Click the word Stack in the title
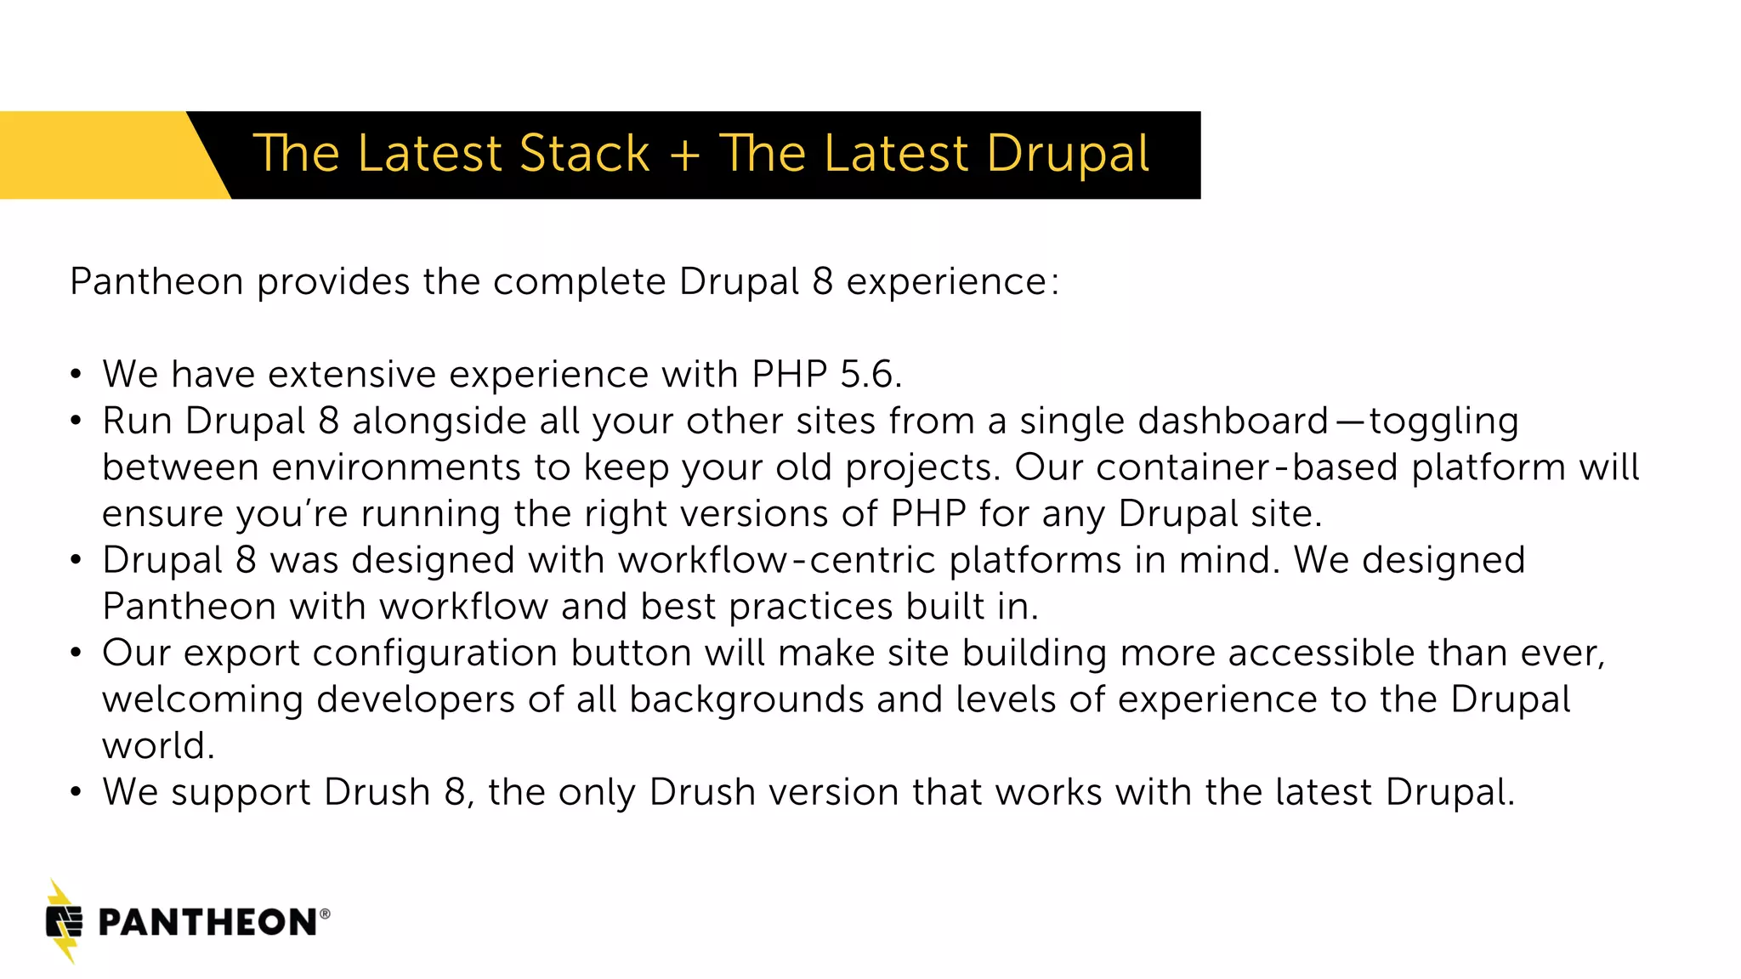[x=584, y=154]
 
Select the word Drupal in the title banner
[x=1068, y=156]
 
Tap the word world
[x=157, y=746]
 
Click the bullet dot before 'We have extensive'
[x=77, y=375]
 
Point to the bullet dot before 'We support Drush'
[x=77, y=793]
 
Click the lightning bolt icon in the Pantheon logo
[x=64, y=921]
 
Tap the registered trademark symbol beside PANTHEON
[x=325, y=914]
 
